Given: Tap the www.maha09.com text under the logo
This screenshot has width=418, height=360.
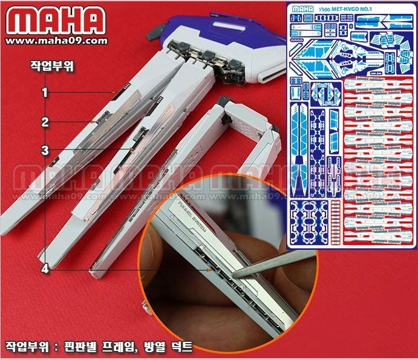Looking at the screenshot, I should click(58, 41).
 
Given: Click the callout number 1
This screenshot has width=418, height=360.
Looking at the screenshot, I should click(45, 92).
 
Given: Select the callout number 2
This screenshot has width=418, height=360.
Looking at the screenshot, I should click(45, 122).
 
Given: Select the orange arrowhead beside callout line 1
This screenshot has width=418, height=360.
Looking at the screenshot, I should click(113, 92).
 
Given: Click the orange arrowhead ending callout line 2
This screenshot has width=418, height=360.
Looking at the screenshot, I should click(92, 122).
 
